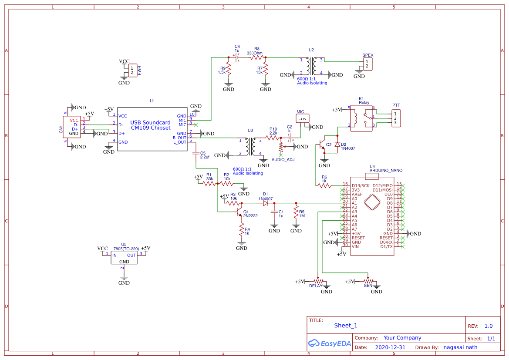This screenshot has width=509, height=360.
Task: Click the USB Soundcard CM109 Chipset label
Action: (150, 125)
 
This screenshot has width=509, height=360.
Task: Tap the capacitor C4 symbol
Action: (237, 57)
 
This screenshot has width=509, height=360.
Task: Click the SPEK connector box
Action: (368, 64)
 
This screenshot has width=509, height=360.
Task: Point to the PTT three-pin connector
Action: (396, 118)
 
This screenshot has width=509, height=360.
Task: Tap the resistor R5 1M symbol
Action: (296, 213)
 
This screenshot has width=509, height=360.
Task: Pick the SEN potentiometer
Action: (368, 281)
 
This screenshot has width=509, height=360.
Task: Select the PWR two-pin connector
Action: (132, 70)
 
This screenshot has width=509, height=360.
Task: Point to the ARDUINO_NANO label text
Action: (386, 171)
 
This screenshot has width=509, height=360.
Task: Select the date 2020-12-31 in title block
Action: (390, 347)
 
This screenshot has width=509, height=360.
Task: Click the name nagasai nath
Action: (460, 347)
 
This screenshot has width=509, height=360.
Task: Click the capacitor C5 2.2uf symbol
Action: (196, 153)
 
